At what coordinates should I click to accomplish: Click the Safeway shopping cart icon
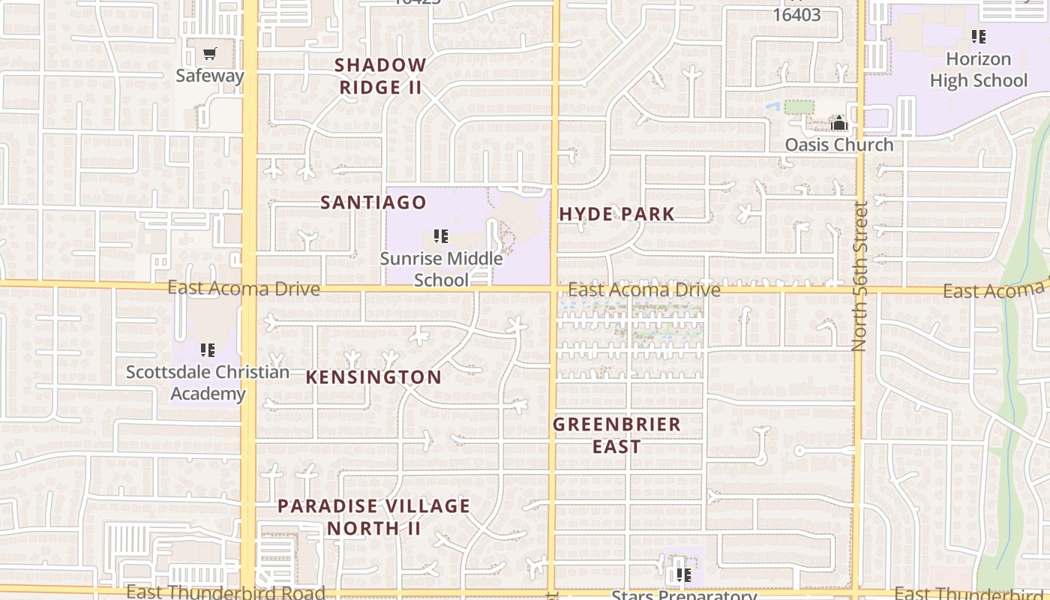pos(210,54)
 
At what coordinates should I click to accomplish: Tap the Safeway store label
pos(210,76)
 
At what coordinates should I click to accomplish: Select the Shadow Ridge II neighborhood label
pos(380,76)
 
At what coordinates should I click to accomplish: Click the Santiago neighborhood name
pos(373,202)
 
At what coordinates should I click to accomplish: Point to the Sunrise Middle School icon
pos(441,237)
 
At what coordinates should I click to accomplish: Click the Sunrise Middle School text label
pos(441,269)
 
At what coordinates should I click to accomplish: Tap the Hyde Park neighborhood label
pos(617,214)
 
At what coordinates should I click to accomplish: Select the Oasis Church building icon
pos(838,123)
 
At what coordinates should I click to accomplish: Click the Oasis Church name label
pos(838,145)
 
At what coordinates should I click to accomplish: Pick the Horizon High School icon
pos(978,36)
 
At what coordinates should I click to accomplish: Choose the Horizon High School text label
pos(978,70)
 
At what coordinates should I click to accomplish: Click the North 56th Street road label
pos(859,276)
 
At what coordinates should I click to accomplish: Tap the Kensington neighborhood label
pos(373,377)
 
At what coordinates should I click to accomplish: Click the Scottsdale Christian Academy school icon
pos(208,349)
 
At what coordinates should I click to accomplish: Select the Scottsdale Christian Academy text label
pos(208,382)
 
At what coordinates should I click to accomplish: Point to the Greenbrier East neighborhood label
pos(617,435)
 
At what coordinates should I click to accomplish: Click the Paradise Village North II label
pos(373,517)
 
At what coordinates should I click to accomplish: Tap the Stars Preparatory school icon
pos(683,575)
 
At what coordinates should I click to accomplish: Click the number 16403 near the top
pos(796,15)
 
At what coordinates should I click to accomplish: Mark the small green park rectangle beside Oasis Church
pos(799,107)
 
